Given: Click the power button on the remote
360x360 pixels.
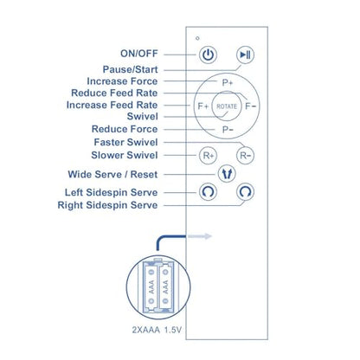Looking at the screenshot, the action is click(x=208, y=55).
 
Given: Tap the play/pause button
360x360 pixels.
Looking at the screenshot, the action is click(x=245, y=55).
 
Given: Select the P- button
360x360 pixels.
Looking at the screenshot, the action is click(x=228, y=130).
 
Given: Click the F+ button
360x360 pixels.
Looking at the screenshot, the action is click(x=203, y=106).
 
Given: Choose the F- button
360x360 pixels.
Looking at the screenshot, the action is click(x=250, y=106).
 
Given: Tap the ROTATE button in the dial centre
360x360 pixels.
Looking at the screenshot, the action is click(x=227, y=106).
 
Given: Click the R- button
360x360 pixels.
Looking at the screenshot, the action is click(x=245, y=156).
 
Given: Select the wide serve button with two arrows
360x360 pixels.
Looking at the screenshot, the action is click(x=227, y=174).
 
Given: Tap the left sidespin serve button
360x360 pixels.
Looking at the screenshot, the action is click(x=208, y=191).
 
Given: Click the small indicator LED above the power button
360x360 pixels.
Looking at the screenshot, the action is click(x=197, y=38).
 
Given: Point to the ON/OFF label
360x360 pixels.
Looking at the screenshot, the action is click(x=139, y=54).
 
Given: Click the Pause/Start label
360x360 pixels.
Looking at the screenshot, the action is click(x=131, y=69).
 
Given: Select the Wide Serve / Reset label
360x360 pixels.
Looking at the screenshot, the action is click(x=112, y=175).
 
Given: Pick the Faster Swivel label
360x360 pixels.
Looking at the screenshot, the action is click(x=125, y=142).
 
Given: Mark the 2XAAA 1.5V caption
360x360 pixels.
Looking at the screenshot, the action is click(x=157, y=330).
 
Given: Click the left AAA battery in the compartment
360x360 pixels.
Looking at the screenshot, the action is click(x=151, y=286).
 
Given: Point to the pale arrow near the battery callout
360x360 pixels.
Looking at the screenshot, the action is click(x=200, y=236).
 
